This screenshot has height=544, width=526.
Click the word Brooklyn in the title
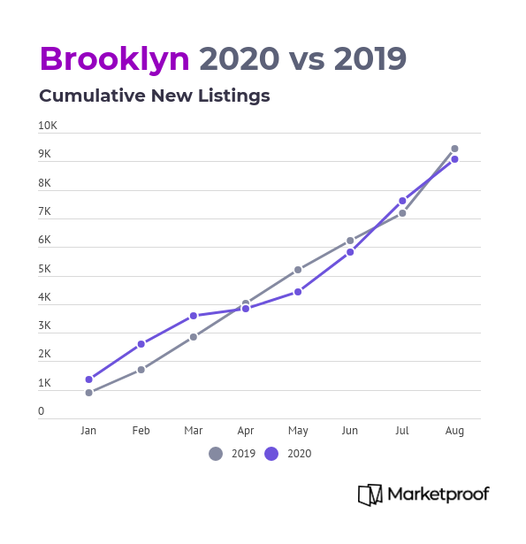[115, 59]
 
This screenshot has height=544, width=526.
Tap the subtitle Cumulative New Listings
[155, 96]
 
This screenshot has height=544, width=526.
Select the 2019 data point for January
[89, 393]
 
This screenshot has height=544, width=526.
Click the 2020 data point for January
[89, 379]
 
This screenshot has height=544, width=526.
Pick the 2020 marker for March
[194, 316]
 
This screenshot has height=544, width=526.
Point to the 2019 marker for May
[298, 270]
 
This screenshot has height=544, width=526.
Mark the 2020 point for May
[298, 292]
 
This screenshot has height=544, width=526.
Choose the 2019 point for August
[454, 149]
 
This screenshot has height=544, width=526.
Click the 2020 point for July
[402, 201]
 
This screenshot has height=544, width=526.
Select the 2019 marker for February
[141, 370]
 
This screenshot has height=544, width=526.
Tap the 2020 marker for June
[350, 252]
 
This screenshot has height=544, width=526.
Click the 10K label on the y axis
[48, 126]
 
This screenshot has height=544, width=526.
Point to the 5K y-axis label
[44, 269]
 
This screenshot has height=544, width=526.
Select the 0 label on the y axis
[42, 411]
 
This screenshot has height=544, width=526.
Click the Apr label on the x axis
[246, 431]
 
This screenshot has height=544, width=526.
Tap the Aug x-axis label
[454, 431]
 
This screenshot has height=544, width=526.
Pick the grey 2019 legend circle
[216, 454]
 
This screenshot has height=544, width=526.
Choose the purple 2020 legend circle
[271, 454]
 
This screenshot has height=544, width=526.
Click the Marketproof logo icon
[370, 494]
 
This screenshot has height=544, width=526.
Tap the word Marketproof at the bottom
[438, 494]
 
